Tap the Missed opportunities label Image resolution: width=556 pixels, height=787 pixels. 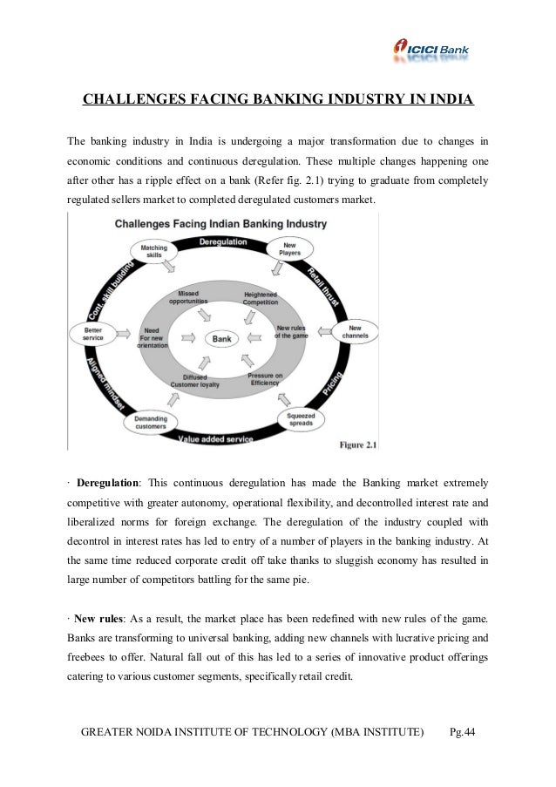tap(188, 296)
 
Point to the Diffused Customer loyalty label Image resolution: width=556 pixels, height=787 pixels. tap(195, 381)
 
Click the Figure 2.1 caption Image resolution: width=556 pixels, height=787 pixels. tap(357, 445)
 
